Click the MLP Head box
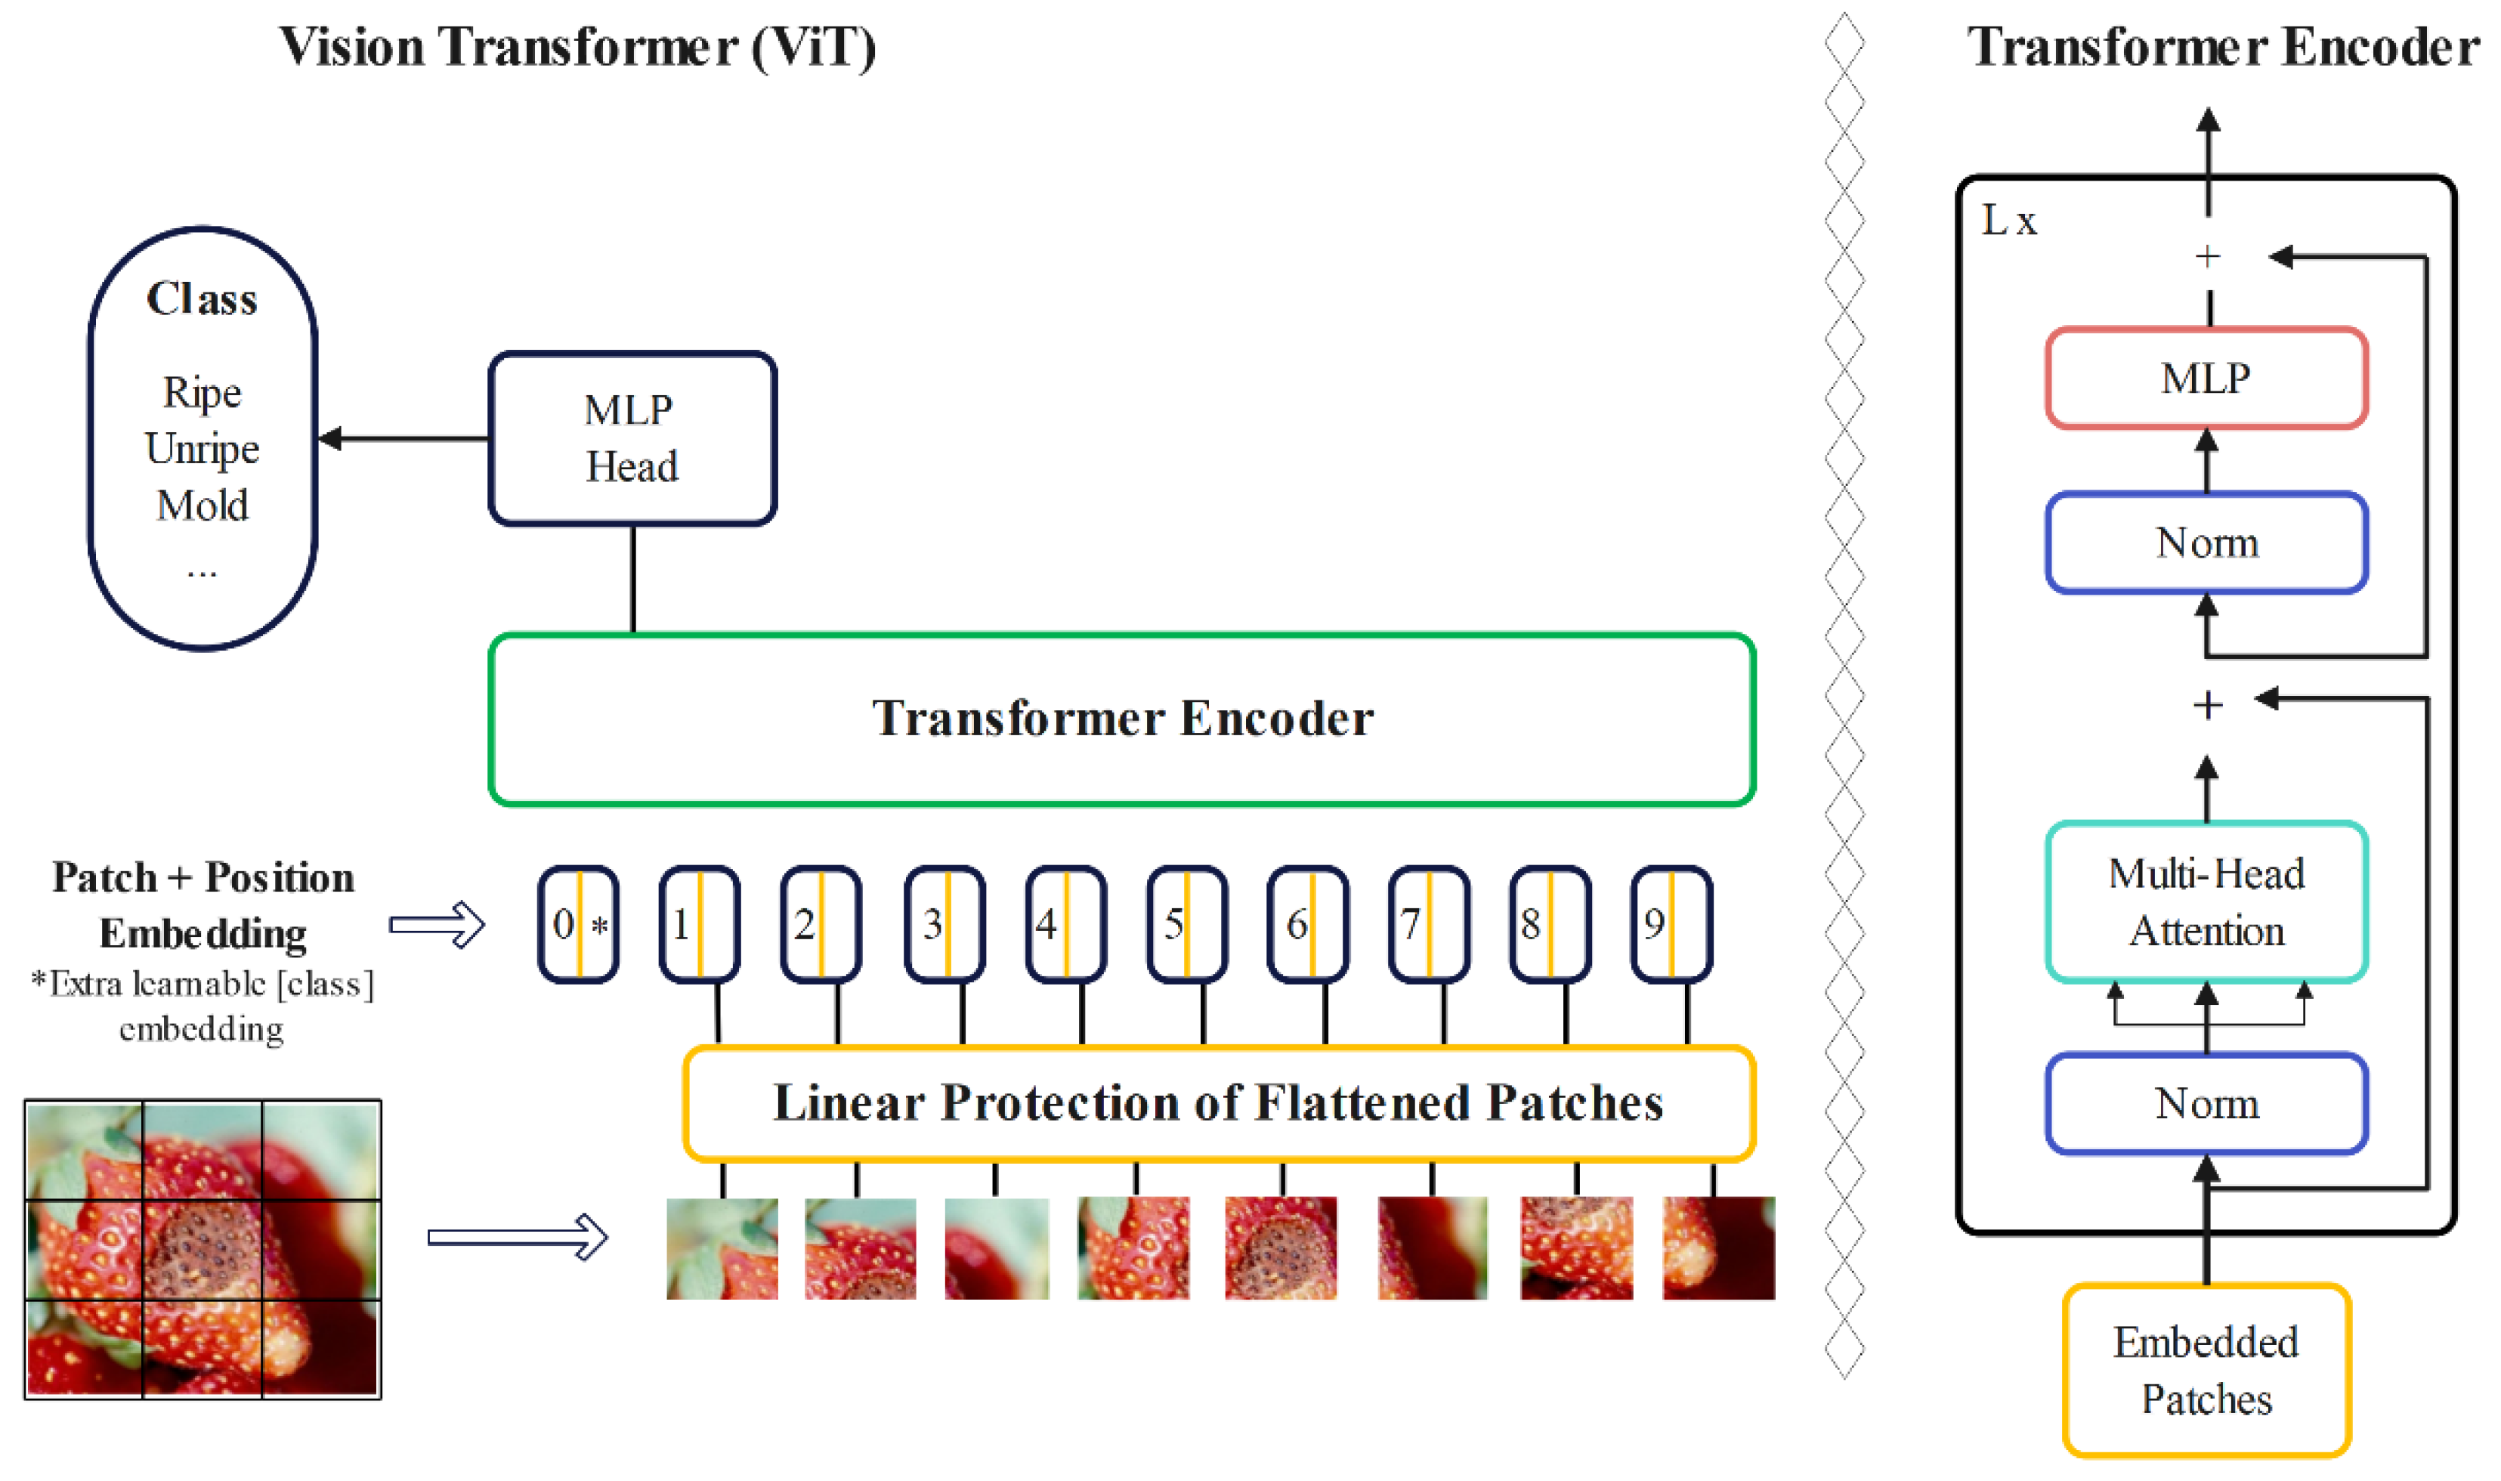[x=632, y=438]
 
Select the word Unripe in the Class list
[x=202, y=448]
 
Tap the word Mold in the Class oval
[x=202, y=505]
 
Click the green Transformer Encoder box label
[x=1122, y=719]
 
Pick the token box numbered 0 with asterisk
[x=578, y=924]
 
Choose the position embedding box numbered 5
[x=1186, y=924]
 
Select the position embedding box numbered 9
[x=1671, y=924]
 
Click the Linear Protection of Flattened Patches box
[x=1217, y=1102]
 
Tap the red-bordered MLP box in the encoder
[x=2206, y=379]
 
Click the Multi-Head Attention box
[x=2206, y=902]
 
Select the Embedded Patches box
[x=2206, y=1370]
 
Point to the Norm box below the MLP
[x=2206, y=543]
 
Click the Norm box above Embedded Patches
[x=2206, y=1104]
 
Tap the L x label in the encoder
[x=2008, y=221]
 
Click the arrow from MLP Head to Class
[x=403, y=438]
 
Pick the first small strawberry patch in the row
[x=722, y=1248]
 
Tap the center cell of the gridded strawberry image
[x=202, y=1250]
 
